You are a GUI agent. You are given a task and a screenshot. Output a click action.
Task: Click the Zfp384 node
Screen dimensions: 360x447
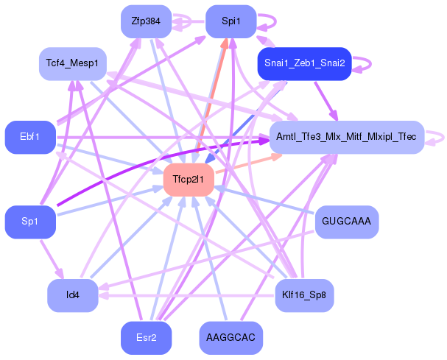coord(146,21)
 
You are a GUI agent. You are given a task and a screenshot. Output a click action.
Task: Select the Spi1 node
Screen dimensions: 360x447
coord(230,21)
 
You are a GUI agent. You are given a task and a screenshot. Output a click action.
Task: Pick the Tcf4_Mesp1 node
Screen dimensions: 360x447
coord(71,64)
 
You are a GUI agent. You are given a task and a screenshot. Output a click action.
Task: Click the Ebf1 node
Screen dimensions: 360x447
coord(30,137)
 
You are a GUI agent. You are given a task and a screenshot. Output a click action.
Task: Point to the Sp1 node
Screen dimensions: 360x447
coord(30,222)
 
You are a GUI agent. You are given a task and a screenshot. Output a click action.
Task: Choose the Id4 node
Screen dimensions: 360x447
coord(72,296)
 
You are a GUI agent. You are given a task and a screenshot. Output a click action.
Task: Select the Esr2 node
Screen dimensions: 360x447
coord(146,338)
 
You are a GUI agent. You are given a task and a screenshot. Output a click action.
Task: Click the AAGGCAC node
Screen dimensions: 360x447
coord(230,338)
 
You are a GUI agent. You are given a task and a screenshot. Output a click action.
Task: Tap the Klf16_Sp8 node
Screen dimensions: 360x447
coord(304,296)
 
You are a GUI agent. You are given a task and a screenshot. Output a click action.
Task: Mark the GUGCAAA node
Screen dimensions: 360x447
coord(346,222)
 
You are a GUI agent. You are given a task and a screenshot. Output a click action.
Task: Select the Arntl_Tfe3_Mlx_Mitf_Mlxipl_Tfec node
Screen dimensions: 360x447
coord(346,137)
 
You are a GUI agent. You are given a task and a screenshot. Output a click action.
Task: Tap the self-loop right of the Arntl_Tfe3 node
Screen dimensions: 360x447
coord(437,137)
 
